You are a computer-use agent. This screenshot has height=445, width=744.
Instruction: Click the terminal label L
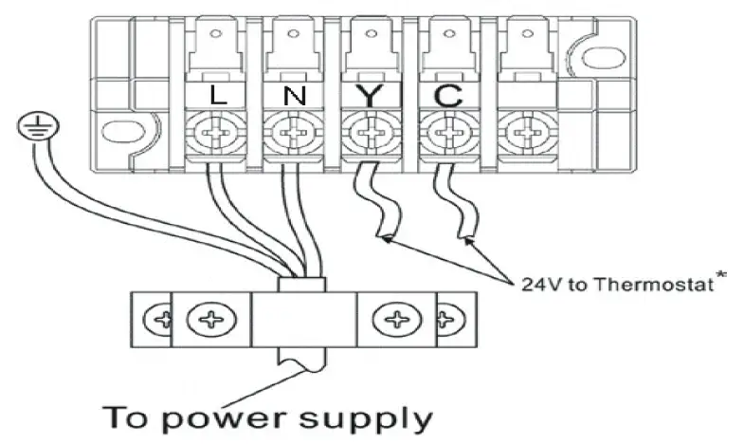[x=216, y=96]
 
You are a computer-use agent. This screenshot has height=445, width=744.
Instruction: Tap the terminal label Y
[x=367, y=96]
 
